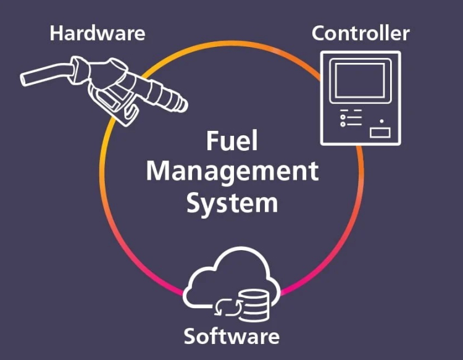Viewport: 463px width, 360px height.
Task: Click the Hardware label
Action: [97, 33]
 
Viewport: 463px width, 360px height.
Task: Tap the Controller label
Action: [361, 33]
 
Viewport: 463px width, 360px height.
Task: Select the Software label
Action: [231, 336]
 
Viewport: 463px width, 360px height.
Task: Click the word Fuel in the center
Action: [231, 141]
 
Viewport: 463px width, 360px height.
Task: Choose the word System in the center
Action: [232, 203]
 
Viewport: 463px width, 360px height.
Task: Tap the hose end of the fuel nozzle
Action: [23, 80]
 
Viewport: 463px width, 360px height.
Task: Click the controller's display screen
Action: [361, 80]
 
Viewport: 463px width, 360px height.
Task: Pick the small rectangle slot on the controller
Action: [380, 133]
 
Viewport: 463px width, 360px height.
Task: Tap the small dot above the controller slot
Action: [382, 121]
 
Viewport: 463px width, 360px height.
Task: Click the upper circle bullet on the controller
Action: [343, 117]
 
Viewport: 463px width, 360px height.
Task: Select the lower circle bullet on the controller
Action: [343, 124]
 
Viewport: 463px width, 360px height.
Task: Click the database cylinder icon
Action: [254, 306]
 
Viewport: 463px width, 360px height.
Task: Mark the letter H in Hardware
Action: [56, 33]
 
